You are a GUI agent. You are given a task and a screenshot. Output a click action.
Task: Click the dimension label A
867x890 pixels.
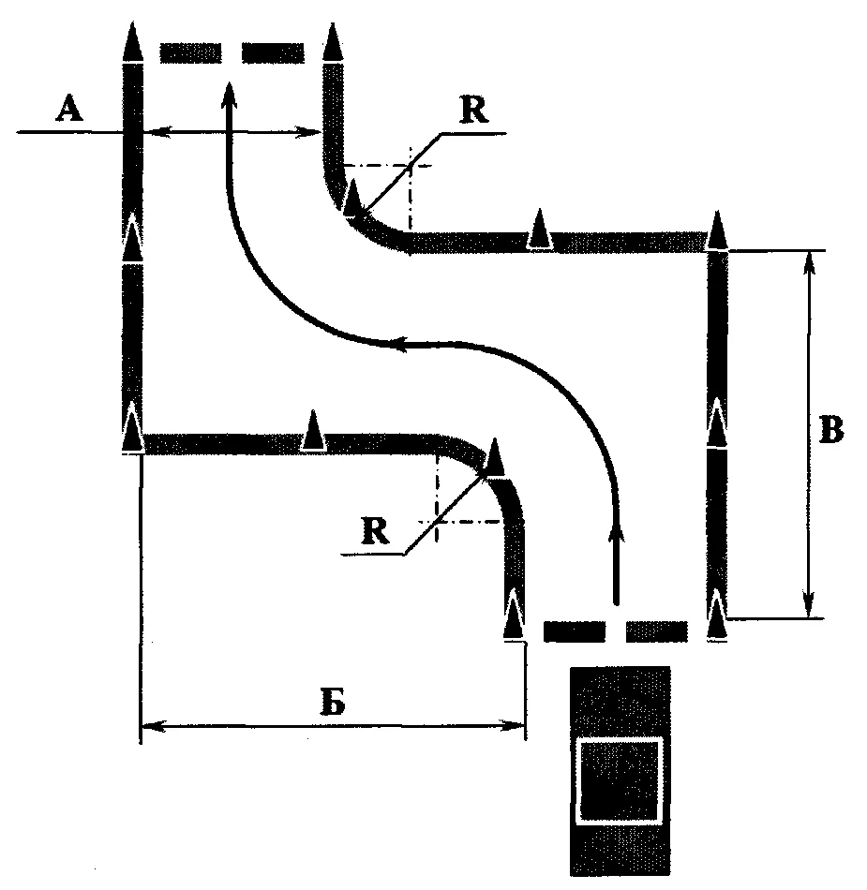[x=69, y=109]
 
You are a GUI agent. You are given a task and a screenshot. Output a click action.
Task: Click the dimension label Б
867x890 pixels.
[x=333, y=703]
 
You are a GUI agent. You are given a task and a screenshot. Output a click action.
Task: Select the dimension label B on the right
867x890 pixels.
[x=831, y=430]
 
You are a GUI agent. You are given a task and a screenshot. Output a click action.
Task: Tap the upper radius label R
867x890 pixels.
[x=474, y=111]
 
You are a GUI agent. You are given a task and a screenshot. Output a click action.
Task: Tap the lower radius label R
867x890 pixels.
[x=375, y=530]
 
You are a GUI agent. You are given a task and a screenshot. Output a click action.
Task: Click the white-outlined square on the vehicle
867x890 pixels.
[x=620, y=780]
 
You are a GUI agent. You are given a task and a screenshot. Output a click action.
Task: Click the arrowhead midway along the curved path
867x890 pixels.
[x=399, y=344]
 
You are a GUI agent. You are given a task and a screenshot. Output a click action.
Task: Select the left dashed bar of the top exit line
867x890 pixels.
[x=190, y=52]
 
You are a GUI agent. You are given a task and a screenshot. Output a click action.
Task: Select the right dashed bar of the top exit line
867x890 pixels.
[x=273, y=52]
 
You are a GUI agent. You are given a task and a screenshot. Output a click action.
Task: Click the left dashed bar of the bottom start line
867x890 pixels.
[x=575, y=631]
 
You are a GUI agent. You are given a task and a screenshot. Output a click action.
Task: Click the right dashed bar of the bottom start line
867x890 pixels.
[x=657, y=631]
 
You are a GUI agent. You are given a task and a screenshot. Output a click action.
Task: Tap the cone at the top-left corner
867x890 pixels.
[x=132, y=41]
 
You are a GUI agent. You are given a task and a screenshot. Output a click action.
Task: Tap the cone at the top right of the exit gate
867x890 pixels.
[x=333, y=41]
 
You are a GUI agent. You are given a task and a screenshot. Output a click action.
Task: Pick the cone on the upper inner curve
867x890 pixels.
[x=352, y=198]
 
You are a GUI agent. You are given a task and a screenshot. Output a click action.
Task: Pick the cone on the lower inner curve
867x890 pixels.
[x=495, y=456]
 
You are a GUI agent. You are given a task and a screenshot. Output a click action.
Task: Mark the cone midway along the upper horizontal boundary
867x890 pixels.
[x=540, y=229]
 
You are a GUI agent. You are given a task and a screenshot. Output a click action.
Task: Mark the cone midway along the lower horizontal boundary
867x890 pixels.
[x=313, y=430]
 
